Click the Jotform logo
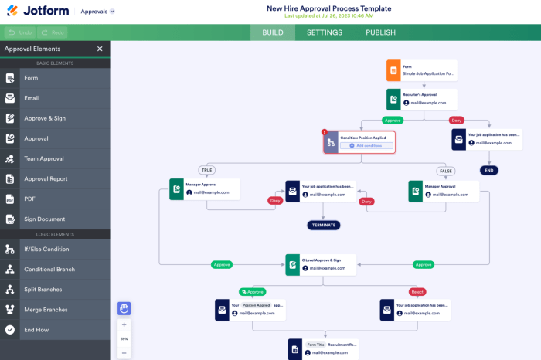pos(38,12)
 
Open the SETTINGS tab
pos(325,32)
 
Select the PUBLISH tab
pos(380,32)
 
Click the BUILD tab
pos(273,32)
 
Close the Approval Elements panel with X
pos(100,49)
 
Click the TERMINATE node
pos(324,226)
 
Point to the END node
pos(488,170)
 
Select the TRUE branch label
pos(207,170)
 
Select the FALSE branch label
pos(445,170)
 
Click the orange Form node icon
pos(393,70)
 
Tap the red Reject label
pos(417,292)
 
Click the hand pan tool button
pos(124,308)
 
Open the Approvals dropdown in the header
pos(97,12)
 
